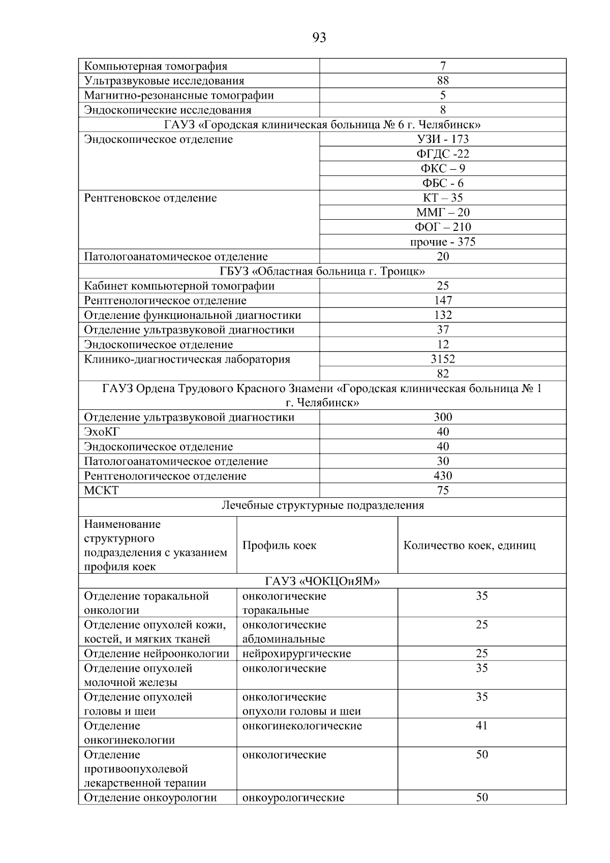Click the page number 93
(319, 38)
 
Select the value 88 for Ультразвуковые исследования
(442, 81)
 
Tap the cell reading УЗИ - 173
(442, 139)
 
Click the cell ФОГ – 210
(442, 227)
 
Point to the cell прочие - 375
(442, 242)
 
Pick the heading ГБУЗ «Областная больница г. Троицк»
(322, 271)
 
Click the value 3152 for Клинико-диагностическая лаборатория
(442, 359)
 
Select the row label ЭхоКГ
(101, 432)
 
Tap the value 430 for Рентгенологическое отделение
(442, 476)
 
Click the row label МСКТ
(101, 491)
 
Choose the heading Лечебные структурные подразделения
(322, 505)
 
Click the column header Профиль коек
(279, 546)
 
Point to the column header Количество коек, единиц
(469, 546)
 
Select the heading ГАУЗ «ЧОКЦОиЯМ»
(322, 581)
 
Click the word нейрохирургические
(296, 653)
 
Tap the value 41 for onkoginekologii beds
(481, 726)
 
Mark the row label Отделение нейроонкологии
(156, 653)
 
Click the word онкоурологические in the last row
(293, 798)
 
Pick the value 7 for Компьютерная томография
(442, 66)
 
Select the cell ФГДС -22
(442, 154)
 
